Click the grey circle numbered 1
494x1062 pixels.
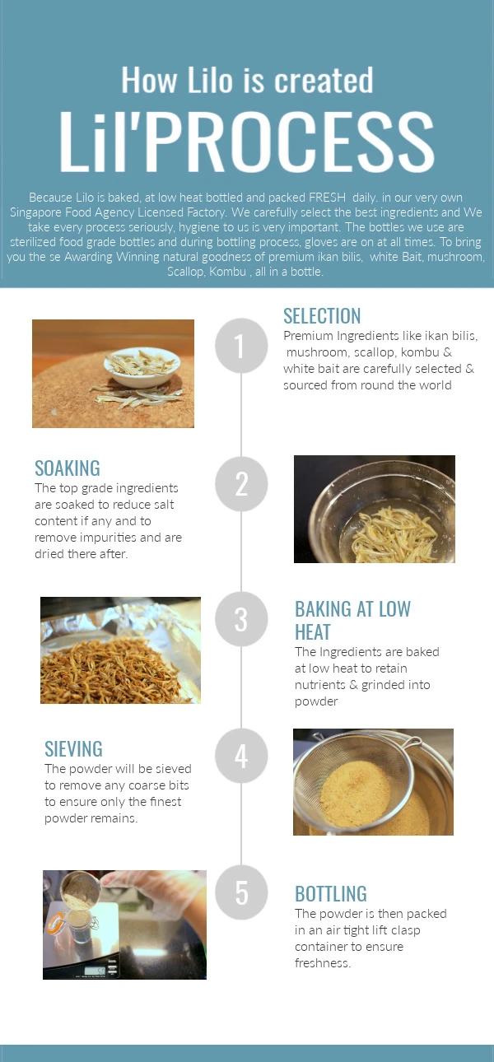tap(241, 346)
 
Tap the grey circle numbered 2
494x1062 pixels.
tap(241, 484)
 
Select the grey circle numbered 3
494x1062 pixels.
tap(241, 619)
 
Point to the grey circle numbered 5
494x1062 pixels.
tap(241, 892)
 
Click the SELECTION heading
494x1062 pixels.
tap(322, 316)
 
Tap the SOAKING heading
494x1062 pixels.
tap(68, 468)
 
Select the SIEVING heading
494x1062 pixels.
tap(73, 749)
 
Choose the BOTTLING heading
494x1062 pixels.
tap(331, 894)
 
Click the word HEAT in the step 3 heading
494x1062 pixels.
tap(312, 632)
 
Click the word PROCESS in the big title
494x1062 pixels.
tap(290, 142)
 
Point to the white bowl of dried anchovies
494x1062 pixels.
tap(142, 366)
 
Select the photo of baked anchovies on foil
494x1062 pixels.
tap(120, 650)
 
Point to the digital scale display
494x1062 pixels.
tap(96, 970)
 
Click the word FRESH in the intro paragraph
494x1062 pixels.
tap(327, 198)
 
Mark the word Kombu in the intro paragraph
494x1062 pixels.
tap(227, 272)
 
